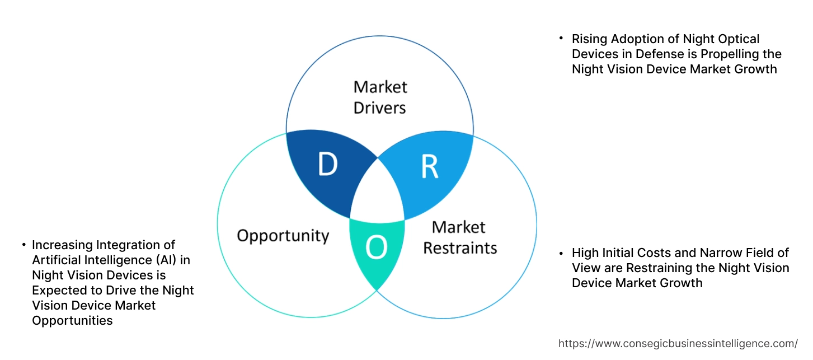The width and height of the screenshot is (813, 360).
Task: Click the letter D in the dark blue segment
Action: [328, 164]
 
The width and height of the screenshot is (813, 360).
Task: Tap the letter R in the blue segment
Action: [429, 166]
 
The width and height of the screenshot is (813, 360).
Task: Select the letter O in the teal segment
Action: [376, 248]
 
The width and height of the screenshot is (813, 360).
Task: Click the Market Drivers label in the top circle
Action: [380, 97]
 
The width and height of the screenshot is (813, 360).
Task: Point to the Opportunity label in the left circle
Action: [283, 235]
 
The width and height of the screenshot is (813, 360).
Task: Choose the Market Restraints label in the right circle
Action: [459, 237]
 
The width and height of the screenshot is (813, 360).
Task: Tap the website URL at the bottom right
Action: [678, 343]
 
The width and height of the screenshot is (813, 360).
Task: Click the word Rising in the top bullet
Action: [590, 39]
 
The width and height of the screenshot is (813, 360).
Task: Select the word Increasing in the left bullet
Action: [64, 245]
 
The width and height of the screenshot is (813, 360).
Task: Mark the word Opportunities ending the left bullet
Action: [72, 321]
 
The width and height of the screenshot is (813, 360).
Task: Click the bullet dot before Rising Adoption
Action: [561, 39]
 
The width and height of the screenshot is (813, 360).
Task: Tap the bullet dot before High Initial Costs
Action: [561, 253]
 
